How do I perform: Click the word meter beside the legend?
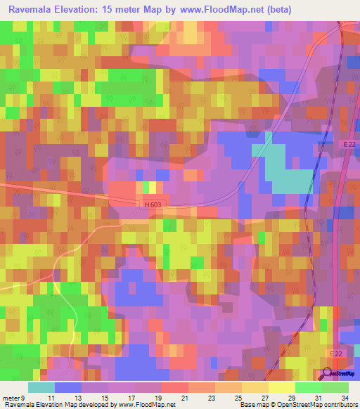[x=12, y=397]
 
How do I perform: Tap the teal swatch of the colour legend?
[x=41, y=387]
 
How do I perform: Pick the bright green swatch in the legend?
[x=308, y=387]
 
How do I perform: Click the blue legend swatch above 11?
[x=68, y=387]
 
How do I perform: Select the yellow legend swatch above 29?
[x=281, y=387]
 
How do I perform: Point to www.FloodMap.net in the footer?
[x=147, y=405]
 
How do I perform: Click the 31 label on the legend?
[x=319, y=397]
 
